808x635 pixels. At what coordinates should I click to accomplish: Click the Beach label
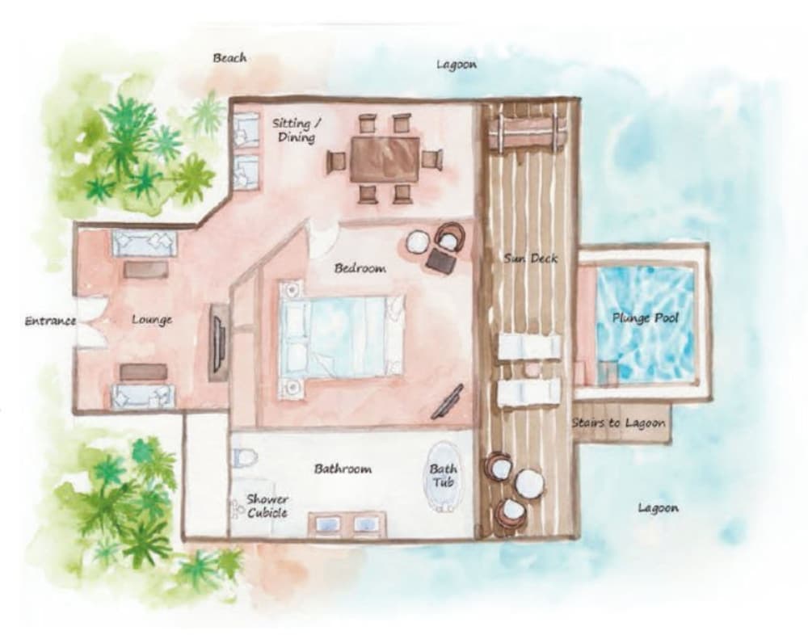tap(229, 58)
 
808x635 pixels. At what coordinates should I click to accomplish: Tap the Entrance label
tap(50, 321)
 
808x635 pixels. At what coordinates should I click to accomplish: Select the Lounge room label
tap(152, 320)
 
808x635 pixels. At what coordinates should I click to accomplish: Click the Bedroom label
tap(360, 268)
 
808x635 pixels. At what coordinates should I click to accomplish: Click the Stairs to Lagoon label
tap(619, 423)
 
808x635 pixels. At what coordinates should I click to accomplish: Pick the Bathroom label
tap(343, 469)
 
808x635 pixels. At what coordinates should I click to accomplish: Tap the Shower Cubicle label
tap(267, 506)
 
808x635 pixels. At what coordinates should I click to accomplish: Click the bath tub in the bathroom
tap(443, 477)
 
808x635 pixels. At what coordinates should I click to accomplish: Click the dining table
tap(385, 158)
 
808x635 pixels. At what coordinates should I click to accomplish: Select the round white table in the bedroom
tap(419, 242)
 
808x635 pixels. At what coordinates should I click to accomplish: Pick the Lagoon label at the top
tap(457, 65)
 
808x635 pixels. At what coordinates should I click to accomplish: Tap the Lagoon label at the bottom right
tap(658, 508)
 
